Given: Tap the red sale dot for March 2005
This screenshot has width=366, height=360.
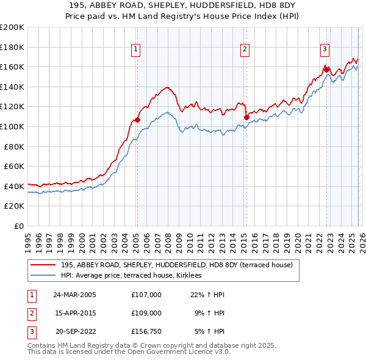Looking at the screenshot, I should tap(137, 120).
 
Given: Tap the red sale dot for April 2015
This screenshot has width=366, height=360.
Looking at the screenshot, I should tap(246, 117).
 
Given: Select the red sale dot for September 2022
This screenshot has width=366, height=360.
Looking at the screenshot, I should tap(326, 70).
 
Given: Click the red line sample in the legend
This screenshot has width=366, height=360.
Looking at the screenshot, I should tap(43, 265).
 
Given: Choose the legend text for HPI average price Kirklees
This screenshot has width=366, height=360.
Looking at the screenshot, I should tap(135, 276).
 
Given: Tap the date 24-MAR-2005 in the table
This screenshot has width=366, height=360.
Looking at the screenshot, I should tap(74, 295).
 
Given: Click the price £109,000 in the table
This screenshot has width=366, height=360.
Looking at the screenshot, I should tap(146, 313).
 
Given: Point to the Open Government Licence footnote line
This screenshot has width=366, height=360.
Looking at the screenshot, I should tap(129, 352).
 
